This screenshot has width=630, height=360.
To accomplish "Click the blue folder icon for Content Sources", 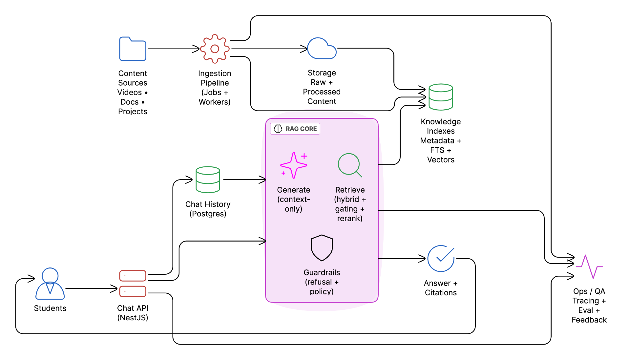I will pos(133,49).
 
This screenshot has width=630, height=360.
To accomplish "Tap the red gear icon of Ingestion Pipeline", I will pos(215,49).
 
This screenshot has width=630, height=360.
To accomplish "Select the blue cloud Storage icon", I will pos(322,49).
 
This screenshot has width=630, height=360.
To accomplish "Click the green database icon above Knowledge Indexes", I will pos(441,97).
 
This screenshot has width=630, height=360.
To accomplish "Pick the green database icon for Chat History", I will pos(208,180).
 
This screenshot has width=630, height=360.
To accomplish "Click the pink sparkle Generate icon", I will pos(294,165).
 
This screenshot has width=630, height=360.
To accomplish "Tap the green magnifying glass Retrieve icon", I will pos(349,165).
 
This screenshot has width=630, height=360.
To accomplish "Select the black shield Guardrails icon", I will pos(322,248).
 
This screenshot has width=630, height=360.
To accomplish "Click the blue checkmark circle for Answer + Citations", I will pos(441,259).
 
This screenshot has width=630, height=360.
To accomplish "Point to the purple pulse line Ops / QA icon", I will pos(589,266).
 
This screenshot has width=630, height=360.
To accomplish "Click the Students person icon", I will pos(50,284).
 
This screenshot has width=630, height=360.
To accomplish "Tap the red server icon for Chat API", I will pos(133,284).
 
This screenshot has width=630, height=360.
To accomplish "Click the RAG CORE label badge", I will pos(295,129).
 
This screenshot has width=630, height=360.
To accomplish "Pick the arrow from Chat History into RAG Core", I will pos(244,180).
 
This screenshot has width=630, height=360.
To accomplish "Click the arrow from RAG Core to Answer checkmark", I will pos(402,259).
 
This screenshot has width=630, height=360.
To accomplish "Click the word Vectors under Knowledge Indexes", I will pos(441,160).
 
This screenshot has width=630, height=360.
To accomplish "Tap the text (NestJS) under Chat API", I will pos(133,318).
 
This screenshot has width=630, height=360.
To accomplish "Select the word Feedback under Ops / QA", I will pos(589,320).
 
